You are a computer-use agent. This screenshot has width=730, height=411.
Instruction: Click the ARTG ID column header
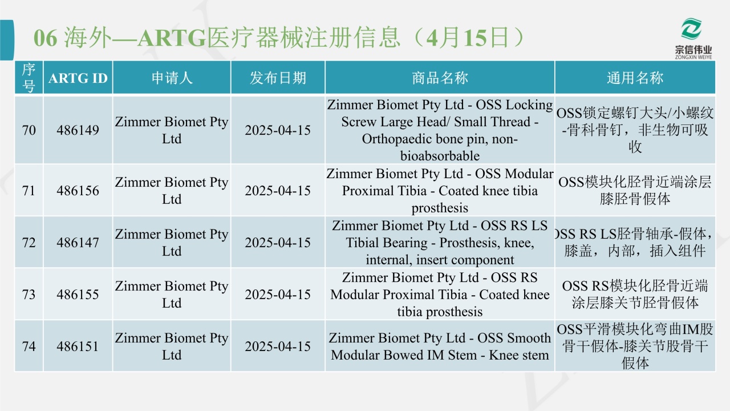tap(78, 78)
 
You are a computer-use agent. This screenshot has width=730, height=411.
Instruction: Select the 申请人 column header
tap(172, 78)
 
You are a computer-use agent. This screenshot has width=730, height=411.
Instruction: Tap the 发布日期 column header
tap(278, 78)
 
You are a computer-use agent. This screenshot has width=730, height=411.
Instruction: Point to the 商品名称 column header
tap(440, 78)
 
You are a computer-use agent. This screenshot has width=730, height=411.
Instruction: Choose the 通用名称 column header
tap(635, 78)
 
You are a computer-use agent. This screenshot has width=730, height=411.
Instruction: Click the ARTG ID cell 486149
tap(78, 130)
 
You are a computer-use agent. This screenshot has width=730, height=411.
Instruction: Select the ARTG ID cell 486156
tap(78, 191)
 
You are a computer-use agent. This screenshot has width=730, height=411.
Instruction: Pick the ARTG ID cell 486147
tap(78, 243)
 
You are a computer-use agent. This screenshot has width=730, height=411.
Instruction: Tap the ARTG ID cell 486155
tap(78, 294)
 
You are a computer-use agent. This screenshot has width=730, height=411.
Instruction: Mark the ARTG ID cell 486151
tap(78, 346)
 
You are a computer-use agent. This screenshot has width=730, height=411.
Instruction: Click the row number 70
tap(29, 130)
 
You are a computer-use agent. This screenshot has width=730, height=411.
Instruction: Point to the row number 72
tap(29, 243)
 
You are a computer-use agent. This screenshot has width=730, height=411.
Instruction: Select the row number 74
tap(29, 346)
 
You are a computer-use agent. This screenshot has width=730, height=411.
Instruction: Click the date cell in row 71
tap(278, 191)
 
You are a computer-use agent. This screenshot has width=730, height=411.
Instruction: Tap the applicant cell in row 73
tap(172, 294)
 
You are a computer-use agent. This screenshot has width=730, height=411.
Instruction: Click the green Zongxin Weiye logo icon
tap(691, 29)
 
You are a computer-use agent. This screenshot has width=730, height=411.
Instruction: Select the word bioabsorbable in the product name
tap(440, 156)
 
